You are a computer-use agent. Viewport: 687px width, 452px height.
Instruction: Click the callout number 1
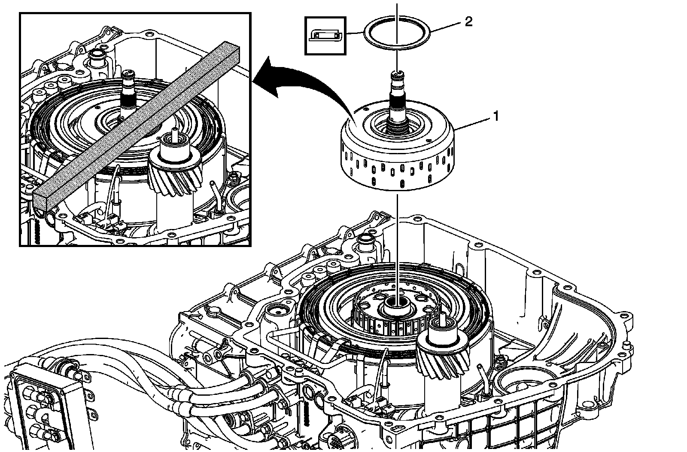pos(496,116)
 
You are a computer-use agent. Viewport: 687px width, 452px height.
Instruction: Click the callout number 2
pos(468,22)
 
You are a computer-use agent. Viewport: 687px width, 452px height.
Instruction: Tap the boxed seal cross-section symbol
pos(325,36)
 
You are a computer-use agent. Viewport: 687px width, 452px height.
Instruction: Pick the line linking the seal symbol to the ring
pos(355,33)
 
